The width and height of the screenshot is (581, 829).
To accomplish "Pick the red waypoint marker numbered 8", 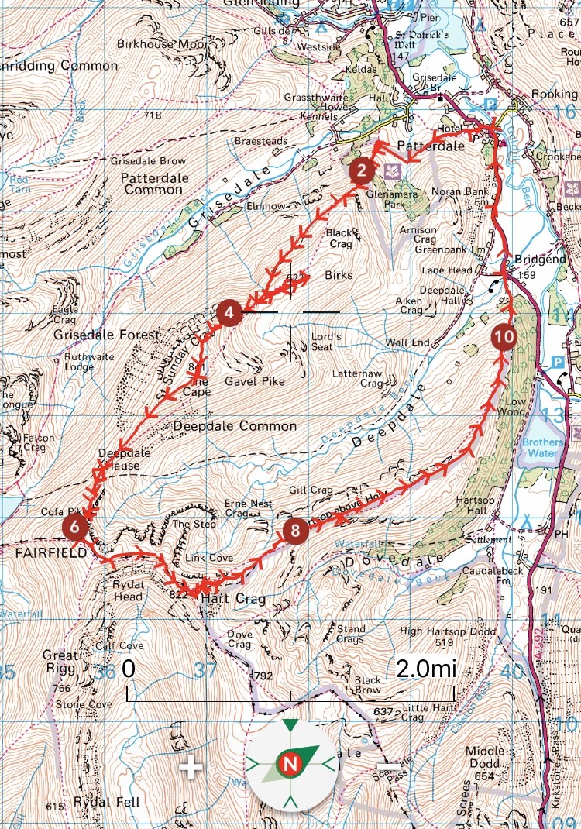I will pos(294,531).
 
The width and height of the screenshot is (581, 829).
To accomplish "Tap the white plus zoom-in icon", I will pos(191,768).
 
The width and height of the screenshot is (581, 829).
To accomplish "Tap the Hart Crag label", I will pos(223,600).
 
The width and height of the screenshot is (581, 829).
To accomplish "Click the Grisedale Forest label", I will pos(106,335).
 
